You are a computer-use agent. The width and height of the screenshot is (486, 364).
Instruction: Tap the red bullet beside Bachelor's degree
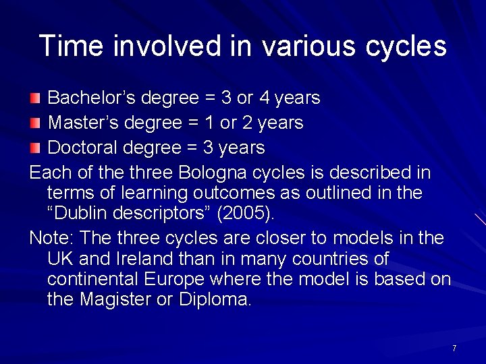pos(36,98)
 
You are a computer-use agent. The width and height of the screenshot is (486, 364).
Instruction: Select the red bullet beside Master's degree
pos(36,123)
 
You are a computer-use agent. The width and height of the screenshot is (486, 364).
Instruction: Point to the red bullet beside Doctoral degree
pos(36,148)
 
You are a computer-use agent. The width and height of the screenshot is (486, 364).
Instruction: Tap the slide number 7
pos(454,348)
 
